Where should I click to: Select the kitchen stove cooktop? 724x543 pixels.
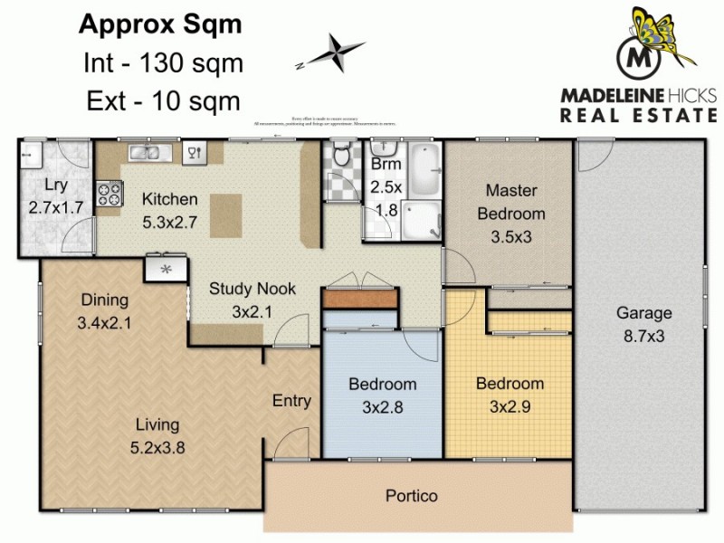[110, 193]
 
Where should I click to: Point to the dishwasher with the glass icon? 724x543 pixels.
[193, 152]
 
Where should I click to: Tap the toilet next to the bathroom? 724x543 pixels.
[341, 157]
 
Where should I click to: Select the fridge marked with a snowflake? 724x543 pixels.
[166, 269]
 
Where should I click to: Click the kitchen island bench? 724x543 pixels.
[227, 214]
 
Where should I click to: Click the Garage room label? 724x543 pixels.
[643, 313]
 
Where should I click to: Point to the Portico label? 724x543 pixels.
[411, 496]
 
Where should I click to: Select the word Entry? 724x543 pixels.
[291, 401]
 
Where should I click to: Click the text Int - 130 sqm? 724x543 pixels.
[160, 62]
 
